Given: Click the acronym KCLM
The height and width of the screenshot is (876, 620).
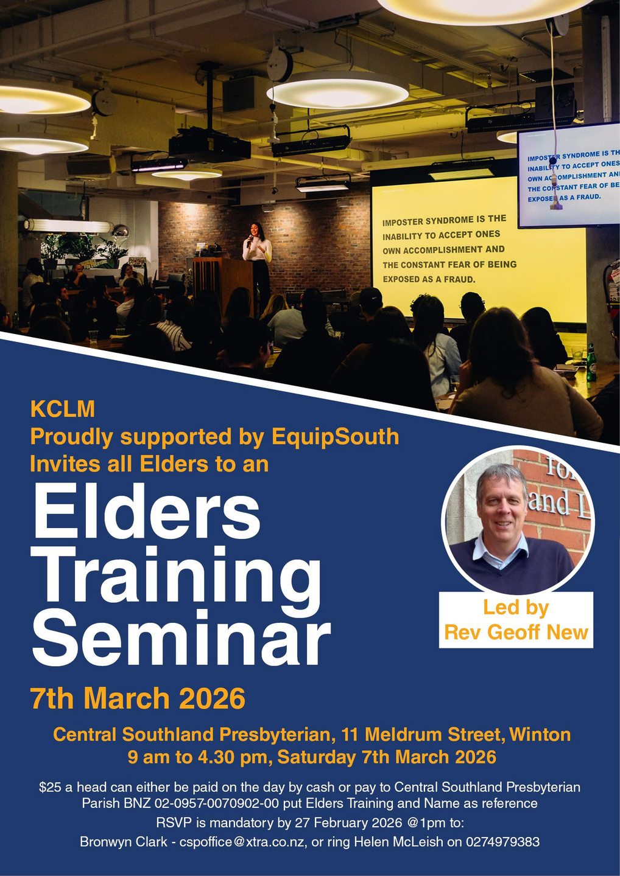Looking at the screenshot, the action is pos(63,409).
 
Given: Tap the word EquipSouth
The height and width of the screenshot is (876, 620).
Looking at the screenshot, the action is pos(335,436).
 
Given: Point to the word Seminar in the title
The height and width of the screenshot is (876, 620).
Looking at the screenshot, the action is pos(181,640).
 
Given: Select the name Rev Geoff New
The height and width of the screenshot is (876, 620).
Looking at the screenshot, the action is pos(516,632).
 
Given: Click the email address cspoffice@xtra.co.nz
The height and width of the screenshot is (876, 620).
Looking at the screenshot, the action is pos(242,841).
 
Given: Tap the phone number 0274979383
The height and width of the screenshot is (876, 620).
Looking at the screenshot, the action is pos(502,841).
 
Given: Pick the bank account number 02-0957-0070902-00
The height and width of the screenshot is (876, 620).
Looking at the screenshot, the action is pos(217,804).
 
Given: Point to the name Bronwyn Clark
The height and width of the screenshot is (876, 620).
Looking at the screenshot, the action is pos(124,841).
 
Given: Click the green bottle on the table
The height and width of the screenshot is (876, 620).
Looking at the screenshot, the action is pos(591,363).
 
